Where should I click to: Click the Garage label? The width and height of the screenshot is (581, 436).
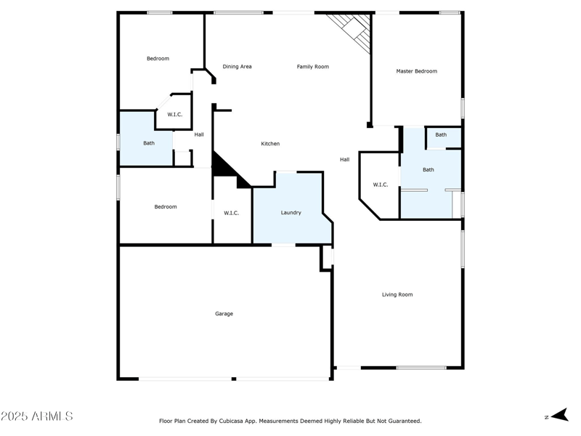224,314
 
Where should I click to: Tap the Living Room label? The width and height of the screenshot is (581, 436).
397,294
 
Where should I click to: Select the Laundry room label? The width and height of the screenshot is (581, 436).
291,213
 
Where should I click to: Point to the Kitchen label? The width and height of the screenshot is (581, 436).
270,144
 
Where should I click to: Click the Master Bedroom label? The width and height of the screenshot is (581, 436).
416,71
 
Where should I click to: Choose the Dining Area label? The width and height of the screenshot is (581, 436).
237,67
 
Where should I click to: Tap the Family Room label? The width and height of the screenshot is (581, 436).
312,67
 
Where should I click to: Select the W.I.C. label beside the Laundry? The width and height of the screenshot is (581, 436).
232,213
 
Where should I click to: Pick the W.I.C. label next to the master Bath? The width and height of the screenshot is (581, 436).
381,185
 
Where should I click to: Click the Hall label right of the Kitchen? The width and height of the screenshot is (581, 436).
345,159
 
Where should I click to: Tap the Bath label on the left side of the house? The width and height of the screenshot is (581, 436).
148,143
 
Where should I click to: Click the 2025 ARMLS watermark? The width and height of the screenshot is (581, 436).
37,416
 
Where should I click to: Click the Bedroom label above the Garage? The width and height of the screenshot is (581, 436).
165,207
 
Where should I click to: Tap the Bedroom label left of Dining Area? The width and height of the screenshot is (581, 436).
158,59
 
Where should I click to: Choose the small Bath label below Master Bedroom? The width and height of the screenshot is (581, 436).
441,135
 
